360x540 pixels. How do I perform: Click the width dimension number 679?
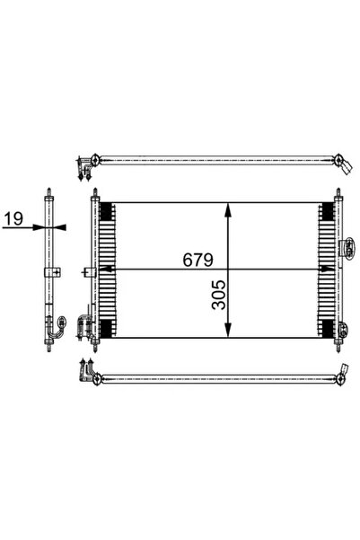click(198, 260)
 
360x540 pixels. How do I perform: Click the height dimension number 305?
click(219, 295)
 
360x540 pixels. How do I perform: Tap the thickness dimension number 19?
click(13, 218)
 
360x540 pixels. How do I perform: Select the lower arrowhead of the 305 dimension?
click(227, 330)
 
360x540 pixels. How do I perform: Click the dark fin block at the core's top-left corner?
click(108, 211)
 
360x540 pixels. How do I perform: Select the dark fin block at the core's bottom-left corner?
click(108, 329)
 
